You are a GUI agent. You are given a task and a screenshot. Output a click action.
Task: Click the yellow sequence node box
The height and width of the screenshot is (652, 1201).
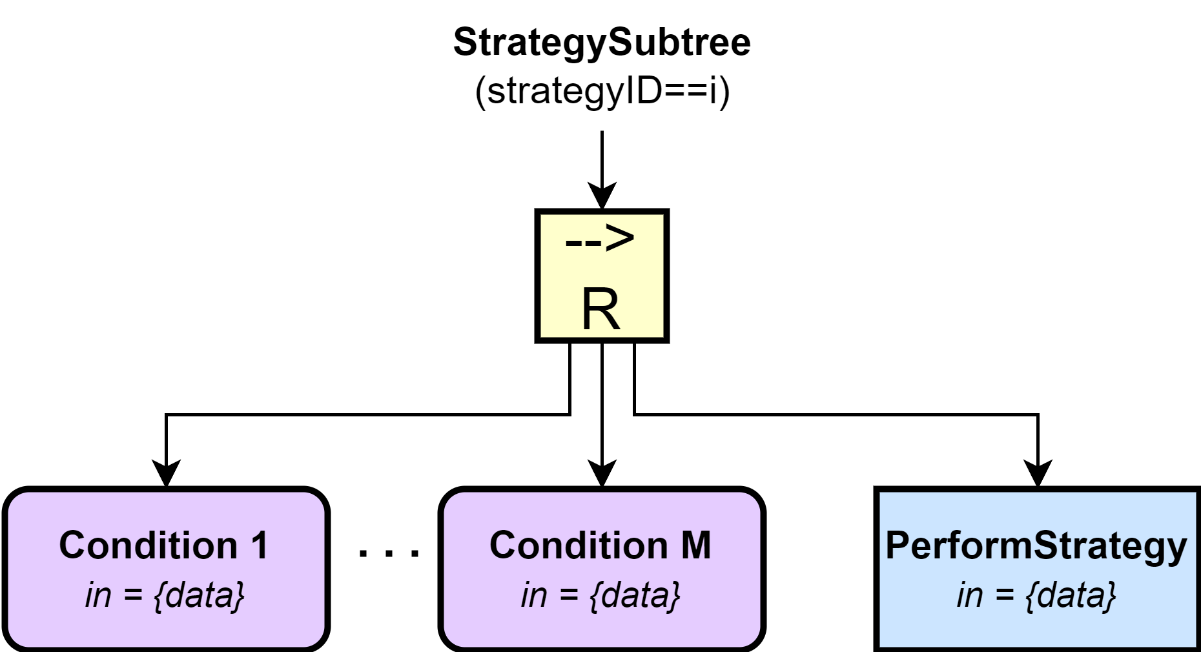tap(602, 276)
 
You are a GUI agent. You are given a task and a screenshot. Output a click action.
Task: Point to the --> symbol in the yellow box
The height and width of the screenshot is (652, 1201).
tap(600, 239)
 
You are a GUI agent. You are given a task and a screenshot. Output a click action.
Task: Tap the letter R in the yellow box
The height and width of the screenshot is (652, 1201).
tap(600, 310)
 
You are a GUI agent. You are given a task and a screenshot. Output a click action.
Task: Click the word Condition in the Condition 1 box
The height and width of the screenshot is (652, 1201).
tap(149, 545)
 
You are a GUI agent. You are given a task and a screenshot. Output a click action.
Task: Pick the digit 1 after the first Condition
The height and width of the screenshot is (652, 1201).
tap(260, 545)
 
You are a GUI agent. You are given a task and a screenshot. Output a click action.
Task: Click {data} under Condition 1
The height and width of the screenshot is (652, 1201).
tap(200, 595)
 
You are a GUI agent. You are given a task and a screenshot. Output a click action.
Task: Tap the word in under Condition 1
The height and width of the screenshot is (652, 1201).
tap(98, 595)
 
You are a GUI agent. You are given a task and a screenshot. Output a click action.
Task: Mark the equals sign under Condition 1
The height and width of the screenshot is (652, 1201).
tap(133, 595)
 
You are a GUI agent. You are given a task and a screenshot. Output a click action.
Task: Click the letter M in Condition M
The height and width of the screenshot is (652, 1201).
tap(696, 545)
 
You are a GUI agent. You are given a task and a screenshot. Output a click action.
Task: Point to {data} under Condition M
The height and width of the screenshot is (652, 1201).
tap(635, 595)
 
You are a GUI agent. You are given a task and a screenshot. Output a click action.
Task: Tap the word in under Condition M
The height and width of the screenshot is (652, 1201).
tap(534, 595)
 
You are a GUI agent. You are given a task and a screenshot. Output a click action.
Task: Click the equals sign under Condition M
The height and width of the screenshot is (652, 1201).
tap(569, 595)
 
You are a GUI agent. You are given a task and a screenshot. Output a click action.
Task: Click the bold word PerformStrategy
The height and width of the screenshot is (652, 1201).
tap(1036, 546)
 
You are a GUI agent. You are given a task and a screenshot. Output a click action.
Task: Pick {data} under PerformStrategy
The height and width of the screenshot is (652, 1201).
tap(1071, 595)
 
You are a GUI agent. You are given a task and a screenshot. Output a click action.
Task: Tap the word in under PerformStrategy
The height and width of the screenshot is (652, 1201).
tap(970, 595)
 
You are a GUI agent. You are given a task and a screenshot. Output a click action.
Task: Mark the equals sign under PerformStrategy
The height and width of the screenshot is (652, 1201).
tap(1005, 595)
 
